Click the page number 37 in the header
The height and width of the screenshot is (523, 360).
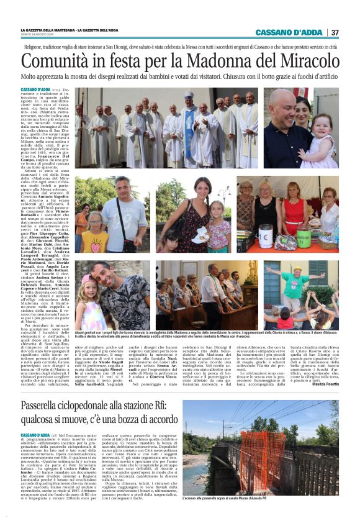coord(335,32)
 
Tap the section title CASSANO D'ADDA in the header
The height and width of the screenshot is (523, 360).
coord(291,32)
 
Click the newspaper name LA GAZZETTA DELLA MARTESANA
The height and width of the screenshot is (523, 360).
coord(52,30)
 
